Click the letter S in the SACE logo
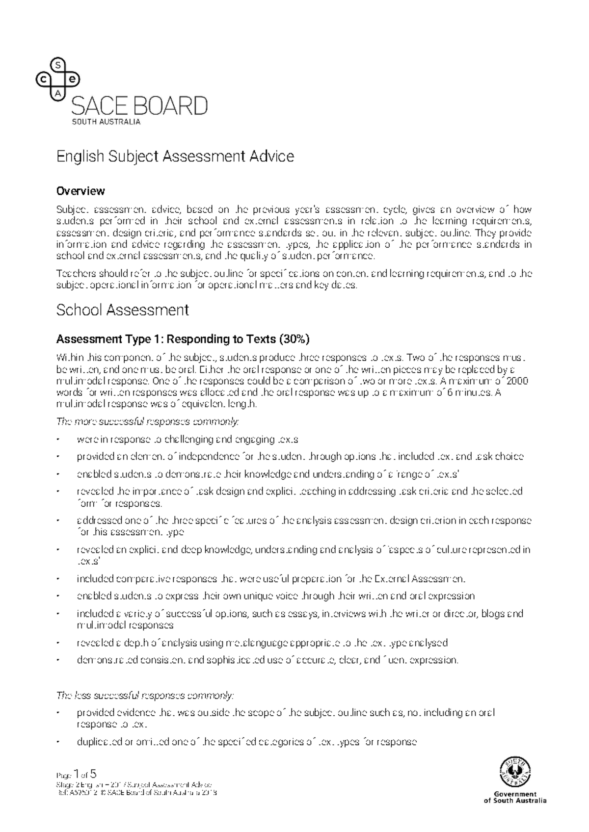click(x=58, y=65)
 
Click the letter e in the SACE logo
click(x=73, y=79)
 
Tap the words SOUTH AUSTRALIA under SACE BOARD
click(x=106, y=122)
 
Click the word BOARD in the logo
click(x=172, y=106)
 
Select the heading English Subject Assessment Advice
click(x=175, y=156)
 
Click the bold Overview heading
click(x=80, y=190)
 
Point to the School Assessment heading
click(x=122, y=310)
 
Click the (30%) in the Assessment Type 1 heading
click(x=294, y=339)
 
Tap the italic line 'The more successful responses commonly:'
click(x=148, y=421)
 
